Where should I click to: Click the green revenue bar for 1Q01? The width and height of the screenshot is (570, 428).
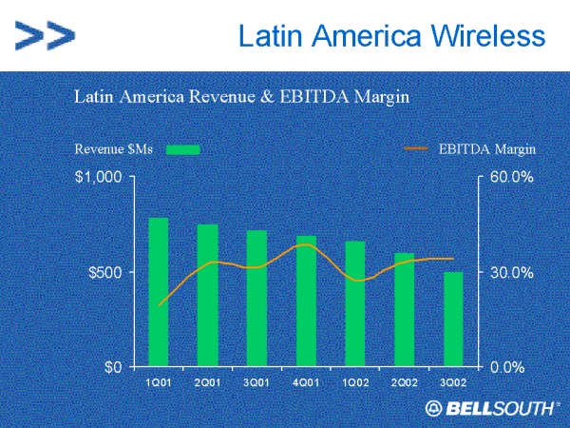tap(158, 292)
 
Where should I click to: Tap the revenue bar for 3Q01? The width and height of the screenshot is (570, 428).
tap(256, 298)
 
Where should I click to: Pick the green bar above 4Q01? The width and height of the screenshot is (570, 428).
tap(306, 301)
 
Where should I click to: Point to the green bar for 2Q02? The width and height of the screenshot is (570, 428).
tap(405, 309)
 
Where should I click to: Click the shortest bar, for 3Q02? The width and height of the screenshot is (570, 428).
tap(454, 319)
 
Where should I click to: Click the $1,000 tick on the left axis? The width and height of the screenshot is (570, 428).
tap(100, 178)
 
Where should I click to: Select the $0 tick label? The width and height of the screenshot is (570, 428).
tap(113, 366)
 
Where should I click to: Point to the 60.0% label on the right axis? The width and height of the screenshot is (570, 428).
tap(513, 178)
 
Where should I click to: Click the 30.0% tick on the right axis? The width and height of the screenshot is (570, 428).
tap(513, 272)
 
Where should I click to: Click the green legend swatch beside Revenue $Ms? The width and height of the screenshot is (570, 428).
tap(183, 149)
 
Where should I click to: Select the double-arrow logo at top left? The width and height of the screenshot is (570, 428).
tap(45, 37)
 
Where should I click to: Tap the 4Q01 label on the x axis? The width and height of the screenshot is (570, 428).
tap(306, 382)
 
